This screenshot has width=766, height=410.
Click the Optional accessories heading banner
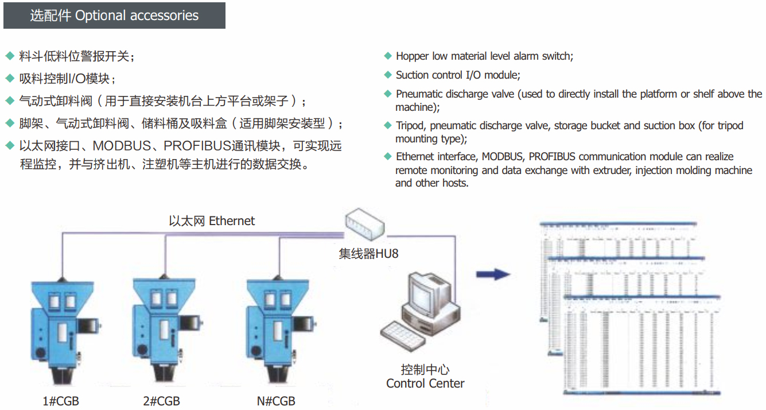tap(114, 16)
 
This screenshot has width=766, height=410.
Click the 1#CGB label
tap(61, 401)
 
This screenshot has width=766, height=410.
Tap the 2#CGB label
tap(161, 401)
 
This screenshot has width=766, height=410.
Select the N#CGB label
tap(276, 401)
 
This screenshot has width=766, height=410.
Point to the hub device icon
tap(365, 223)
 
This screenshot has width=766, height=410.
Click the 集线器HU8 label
tap(368, 253)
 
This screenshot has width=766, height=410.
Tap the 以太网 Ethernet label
tap(212, 221)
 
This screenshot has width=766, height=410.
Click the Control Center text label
tap(425, 384)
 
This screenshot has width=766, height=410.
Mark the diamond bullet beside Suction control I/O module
tap(388, 75)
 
